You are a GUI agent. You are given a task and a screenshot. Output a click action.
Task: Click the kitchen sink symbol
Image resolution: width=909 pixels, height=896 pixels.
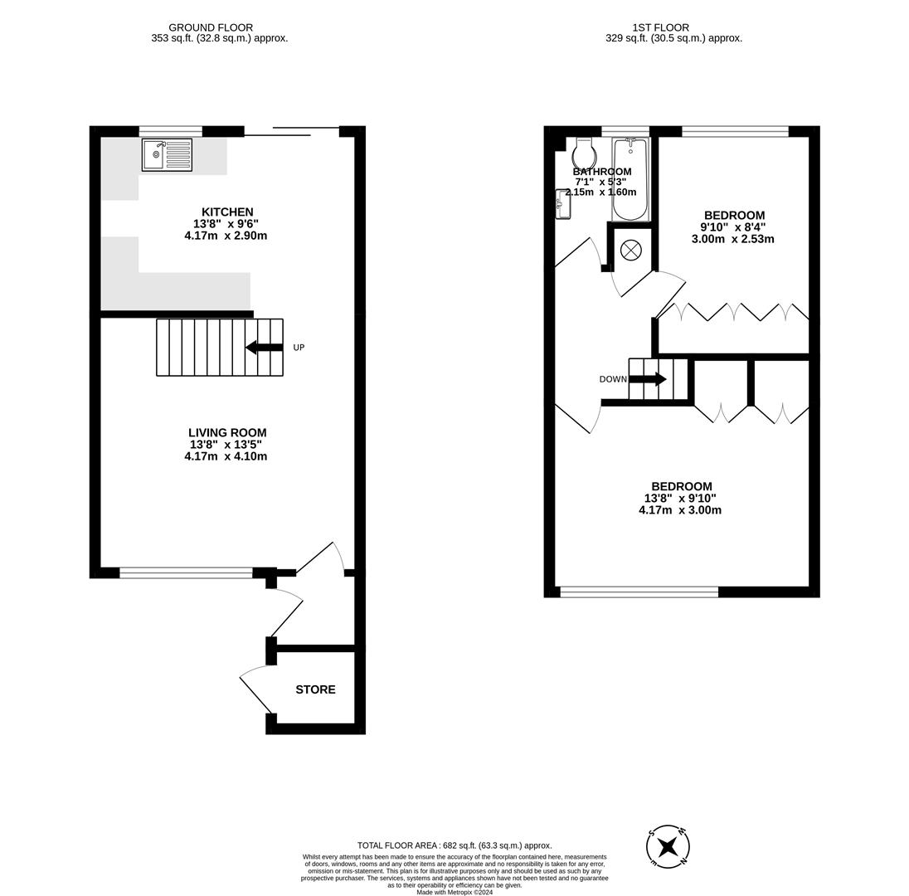click(167, 155)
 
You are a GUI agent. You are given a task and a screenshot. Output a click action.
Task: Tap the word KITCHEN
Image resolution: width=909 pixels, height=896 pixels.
click(227, 212)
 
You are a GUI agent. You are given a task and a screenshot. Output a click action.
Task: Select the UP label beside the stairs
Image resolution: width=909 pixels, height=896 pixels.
click(299, 348)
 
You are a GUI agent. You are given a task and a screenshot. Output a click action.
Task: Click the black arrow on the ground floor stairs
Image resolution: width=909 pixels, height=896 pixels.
click(264, 347)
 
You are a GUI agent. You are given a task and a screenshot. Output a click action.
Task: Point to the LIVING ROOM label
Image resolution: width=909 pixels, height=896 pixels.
click(227, 432)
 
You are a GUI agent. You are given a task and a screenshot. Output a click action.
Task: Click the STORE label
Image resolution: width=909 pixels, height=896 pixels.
click(315, 689)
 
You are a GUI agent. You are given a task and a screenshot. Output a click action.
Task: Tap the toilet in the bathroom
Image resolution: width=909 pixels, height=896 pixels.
click(584, 153)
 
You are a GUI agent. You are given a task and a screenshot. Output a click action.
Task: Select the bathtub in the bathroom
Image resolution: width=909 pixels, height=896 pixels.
click(630, 178)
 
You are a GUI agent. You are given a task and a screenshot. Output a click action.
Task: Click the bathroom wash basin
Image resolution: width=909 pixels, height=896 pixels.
click(563, 204)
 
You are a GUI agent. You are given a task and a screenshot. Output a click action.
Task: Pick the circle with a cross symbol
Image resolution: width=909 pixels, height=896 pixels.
click(631, 250)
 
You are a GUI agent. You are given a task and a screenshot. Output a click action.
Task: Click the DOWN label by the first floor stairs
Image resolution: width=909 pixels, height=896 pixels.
click(613, 379)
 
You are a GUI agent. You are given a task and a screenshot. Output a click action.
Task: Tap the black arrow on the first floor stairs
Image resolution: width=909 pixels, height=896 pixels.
click(647, 379)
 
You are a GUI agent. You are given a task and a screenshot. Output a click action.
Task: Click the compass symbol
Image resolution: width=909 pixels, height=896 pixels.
click(668, 847)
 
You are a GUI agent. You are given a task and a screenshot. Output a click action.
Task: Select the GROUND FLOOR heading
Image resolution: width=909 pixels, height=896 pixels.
click(211, 27)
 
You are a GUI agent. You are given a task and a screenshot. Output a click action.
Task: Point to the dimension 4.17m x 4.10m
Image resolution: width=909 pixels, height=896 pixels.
click(226, 456)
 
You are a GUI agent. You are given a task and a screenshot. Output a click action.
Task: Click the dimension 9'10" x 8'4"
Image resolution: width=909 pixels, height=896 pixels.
click(732, 227)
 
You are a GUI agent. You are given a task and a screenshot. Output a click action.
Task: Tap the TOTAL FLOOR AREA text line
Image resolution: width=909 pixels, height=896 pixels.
click(454, 845)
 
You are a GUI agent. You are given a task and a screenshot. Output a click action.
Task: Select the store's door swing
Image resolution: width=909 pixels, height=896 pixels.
click(255, 689)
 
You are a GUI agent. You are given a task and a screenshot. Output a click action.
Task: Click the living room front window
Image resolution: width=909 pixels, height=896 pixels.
click(186, 572)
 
